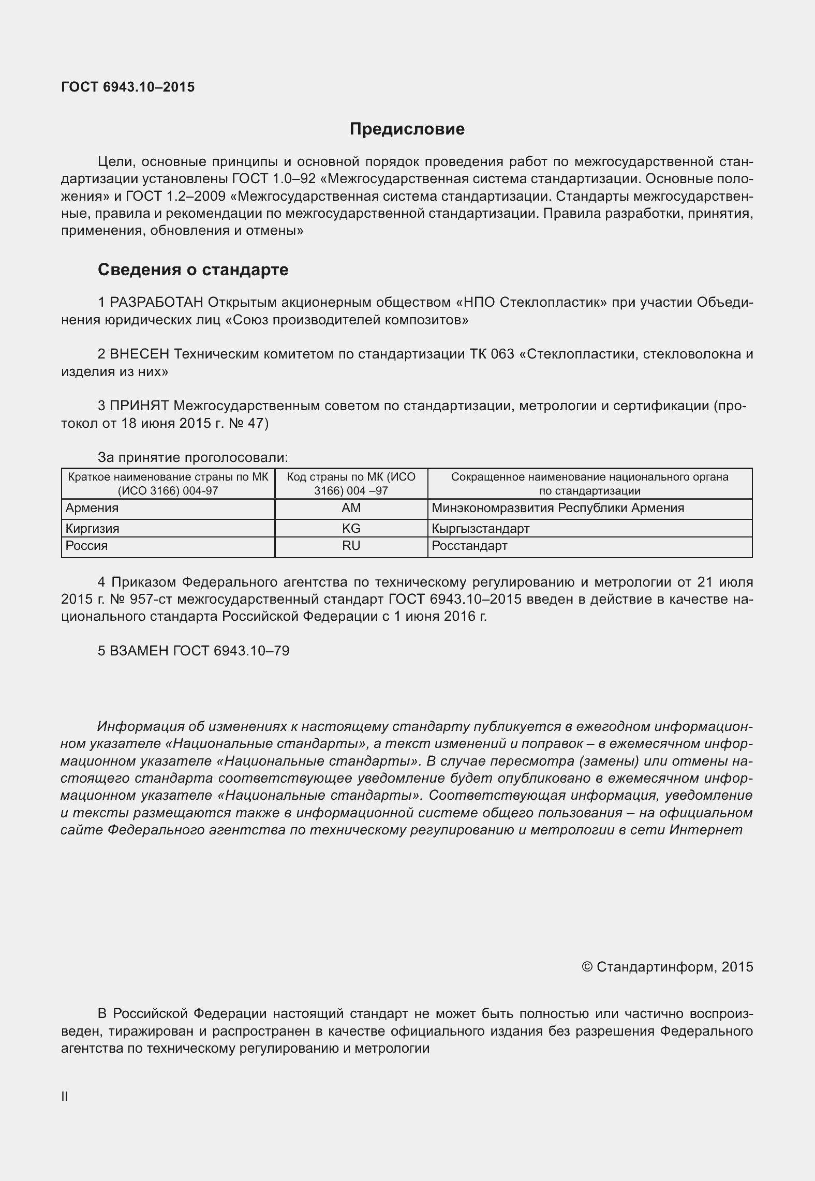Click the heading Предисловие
(x=407, y=129)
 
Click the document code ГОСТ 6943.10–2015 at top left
(x=128, y=87)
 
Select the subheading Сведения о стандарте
(x=193, y=270)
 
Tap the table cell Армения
(x=92, y=508)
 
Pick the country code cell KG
(x=351, y=528)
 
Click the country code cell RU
(x=351, y=546)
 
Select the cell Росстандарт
(x=469, y=546)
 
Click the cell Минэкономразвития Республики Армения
(x=557, y=508)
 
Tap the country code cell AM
(x=351, y=508)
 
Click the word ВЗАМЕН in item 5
(x=139, y=651)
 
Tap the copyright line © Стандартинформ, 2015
(x=668, y=967)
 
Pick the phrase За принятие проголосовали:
(x=192, y=458)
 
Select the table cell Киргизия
(x=92, y=528)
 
